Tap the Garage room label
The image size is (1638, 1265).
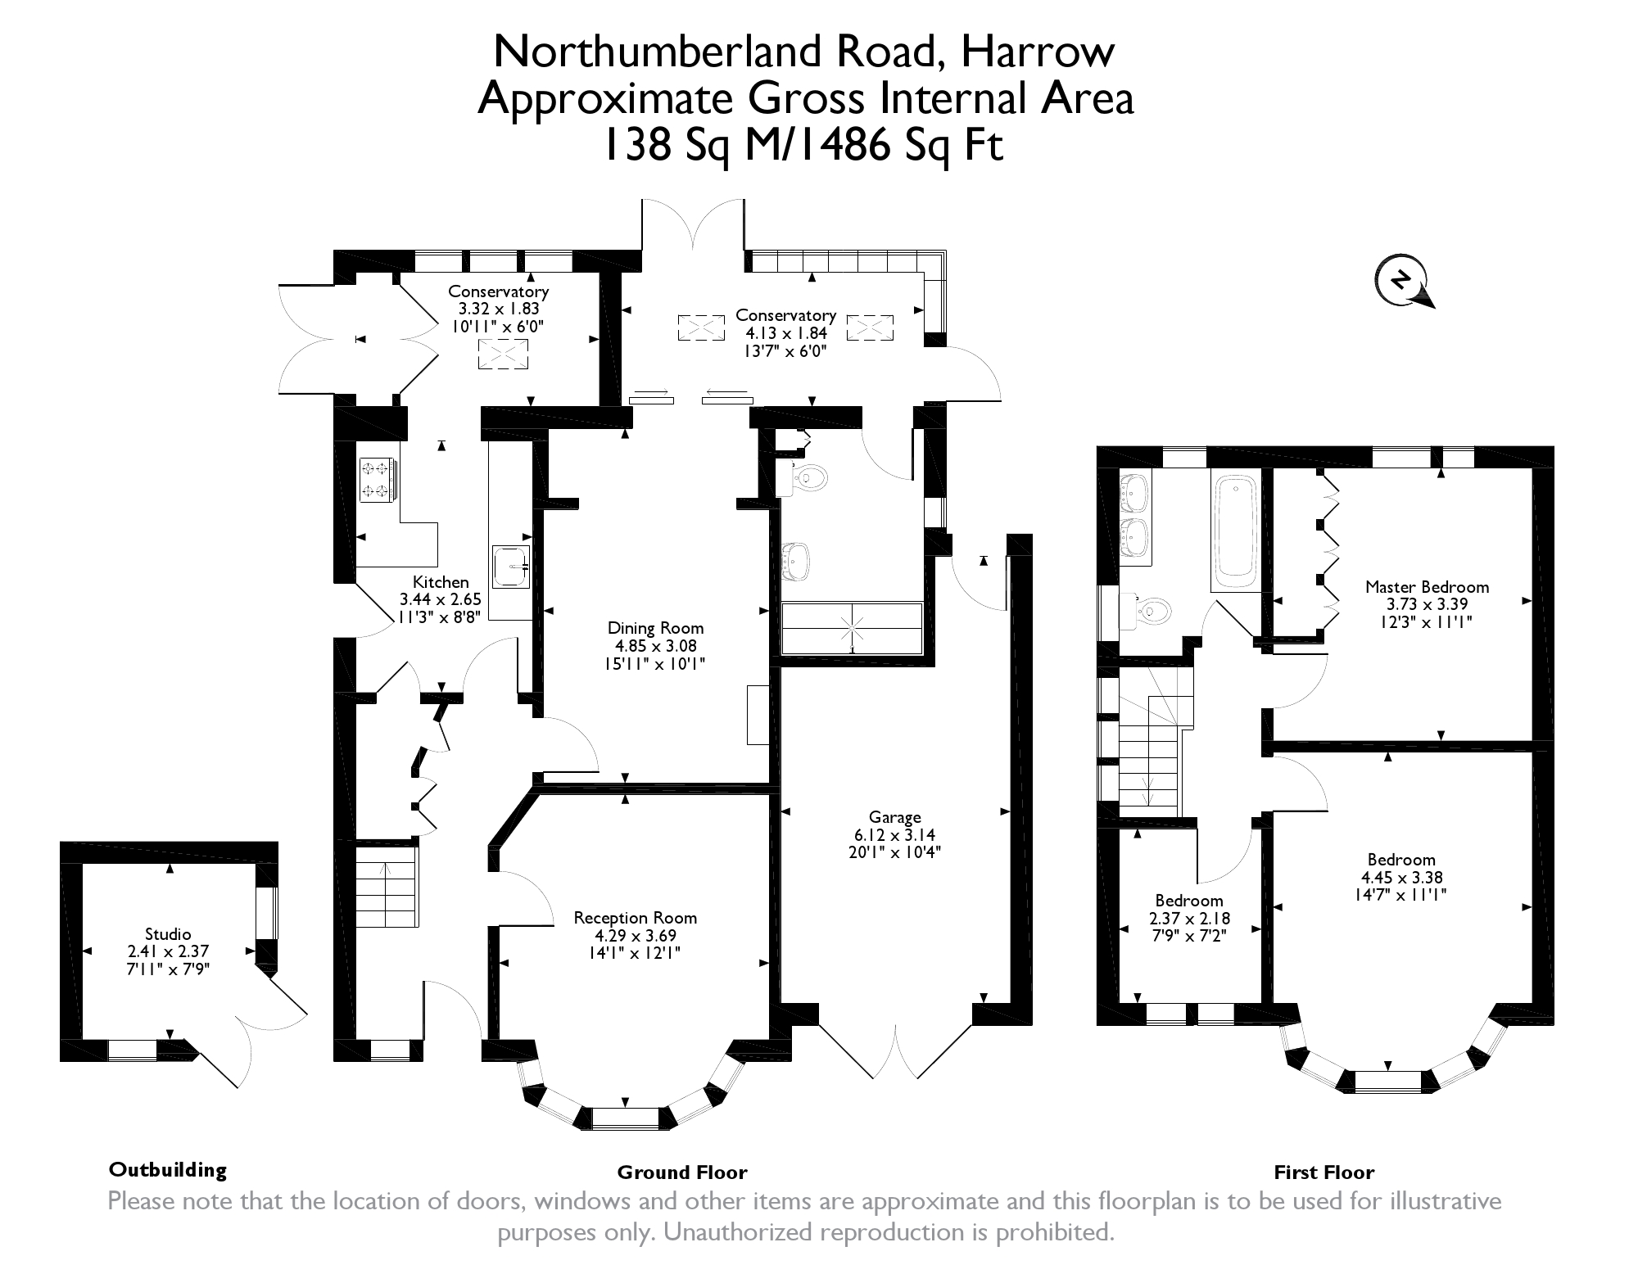pyautogui.click(x=894, y=817)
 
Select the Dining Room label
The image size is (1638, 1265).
pyautogui.click(x=655, y=628)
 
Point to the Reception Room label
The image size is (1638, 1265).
pyautogui.click(x=635, y=918)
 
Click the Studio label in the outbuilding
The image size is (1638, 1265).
pyautogui.click(x=168, y=934)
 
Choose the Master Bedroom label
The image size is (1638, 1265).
pyautogui.click(x=1427, y=586)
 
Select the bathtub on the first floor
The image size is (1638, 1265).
pyautogui.click(x=1236, y=533)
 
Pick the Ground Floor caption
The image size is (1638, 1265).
pyautogui.click(x=682, y=1172)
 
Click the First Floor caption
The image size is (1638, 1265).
pyautogui.click(x=1324, y=1172)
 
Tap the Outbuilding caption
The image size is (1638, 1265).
pyautogui.click(x=168, y=1169)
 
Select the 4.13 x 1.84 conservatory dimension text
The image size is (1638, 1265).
pyautogui.click(x=785, y=333)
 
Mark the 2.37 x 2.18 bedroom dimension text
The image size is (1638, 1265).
pyautogui.click(x=1189, y=919)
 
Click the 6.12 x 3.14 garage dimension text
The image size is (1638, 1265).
pyautogui.click(x=894, y=835)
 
